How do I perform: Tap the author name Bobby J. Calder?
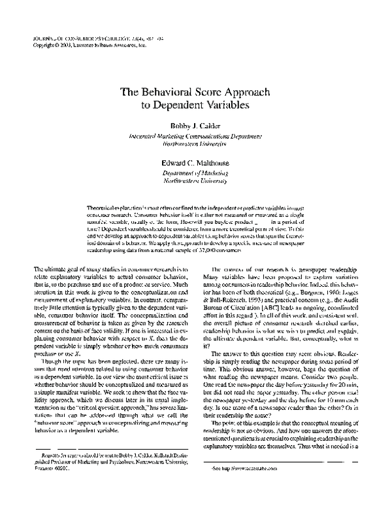[x=196, y=124]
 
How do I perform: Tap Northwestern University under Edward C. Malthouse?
[x=196, y=179]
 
